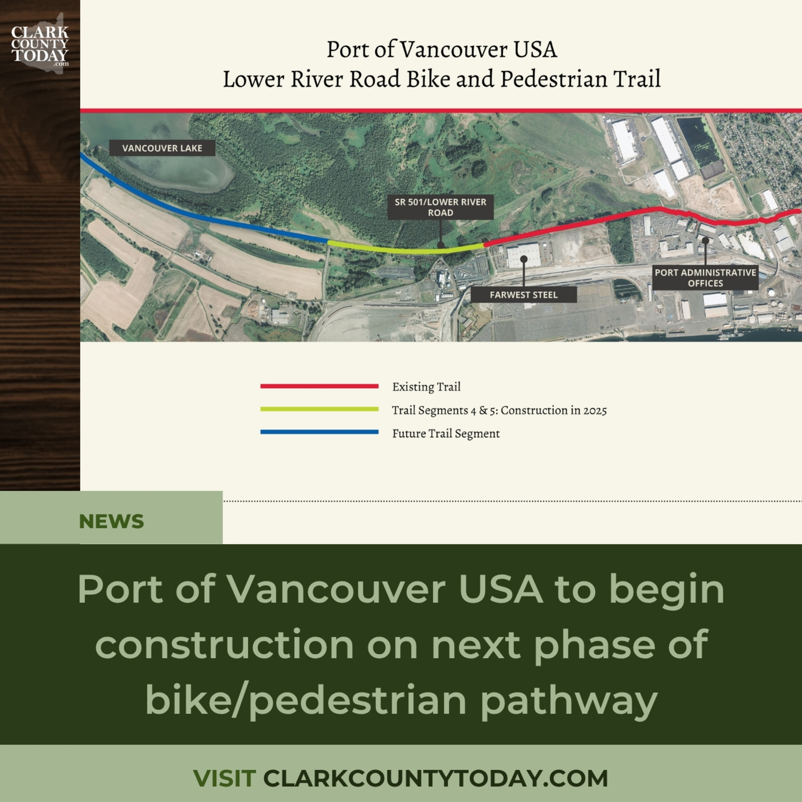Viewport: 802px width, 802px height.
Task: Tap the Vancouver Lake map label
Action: point(162,148)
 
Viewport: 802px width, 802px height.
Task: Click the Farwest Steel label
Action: point(523,295)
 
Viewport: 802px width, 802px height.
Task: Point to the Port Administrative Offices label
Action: point(705,278)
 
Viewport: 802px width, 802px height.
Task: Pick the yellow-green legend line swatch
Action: point(319,409)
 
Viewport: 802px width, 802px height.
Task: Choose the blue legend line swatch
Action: point(319,432)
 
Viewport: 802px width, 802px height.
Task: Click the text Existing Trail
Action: point(426,387)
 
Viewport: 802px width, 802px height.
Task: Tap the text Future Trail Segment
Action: point(446,433)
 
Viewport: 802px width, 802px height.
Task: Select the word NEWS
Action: point(111,521)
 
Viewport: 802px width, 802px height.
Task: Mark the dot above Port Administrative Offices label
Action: point(705,240)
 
